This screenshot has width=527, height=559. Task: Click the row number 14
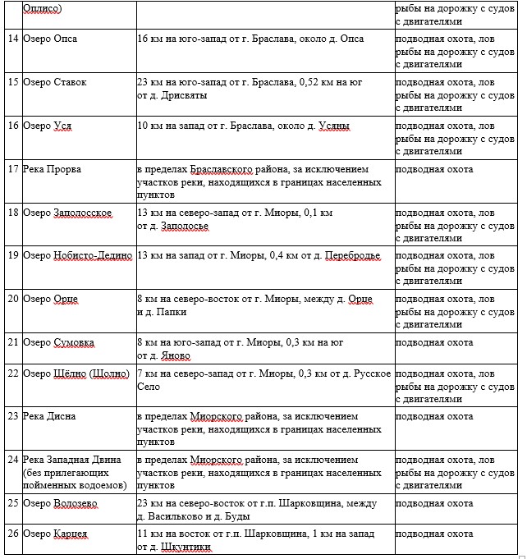pos(12,39)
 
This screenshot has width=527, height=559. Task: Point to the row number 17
pos(12,169)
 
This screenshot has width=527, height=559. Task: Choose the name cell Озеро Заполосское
pos(67,213)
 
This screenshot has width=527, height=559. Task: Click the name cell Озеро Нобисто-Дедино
pos(78,255)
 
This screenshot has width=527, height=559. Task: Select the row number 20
pos(12,299)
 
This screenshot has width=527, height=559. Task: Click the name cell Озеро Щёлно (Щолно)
pos(76,373)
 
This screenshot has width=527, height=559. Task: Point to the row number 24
pos(12,460)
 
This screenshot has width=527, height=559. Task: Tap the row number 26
pos(12,534)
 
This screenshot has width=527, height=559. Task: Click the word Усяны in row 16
pos(333,126)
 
